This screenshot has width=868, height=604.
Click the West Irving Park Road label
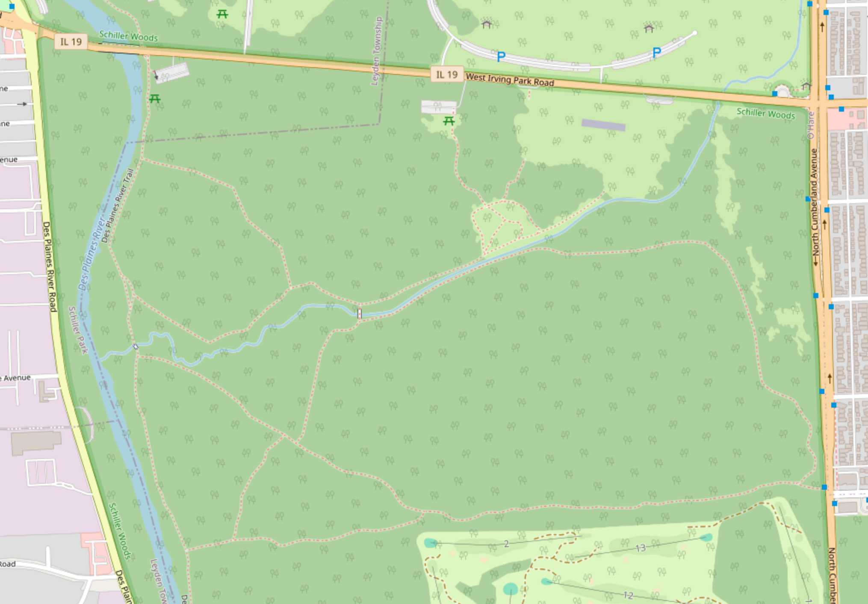[510, 80]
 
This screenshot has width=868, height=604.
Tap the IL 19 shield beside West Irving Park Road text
[446, 75]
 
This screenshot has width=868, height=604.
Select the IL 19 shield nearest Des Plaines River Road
[71, 42]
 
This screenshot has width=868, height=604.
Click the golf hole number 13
[640, 548]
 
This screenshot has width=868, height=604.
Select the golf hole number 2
[506, 544]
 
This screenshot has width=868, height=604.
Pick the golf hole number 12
[628, 595]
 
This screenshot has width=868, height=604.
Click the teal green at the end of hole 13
[706, 537]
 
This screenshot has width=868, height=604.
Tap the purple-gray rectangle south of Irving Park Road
[603, 125]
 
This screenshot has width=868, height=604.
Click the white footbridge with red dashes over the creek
[359, 314]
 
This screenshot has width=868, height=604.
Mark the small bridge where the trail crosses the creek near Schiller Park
[136, 346]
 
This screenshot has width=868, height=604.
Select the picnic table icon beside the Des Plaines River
[155, 99]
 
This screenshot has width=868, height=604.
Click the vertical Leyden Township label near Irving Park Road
[377, 51]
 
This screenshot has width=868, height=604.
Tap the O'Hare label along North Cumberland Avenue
[810, 125]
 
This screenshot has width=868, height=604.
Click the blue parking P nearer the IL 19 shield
[501, 56]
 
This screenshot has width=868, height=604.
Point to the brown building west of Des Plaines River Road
[36, 442]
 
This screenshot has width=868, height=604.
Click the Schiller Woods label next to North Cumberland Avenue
[765, 113]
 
